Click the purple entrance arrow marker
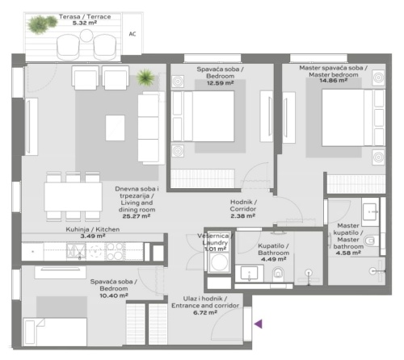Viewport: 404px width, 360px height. tap(259, 324)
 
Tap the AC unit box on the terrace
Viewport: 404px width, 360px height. tap(133, 34)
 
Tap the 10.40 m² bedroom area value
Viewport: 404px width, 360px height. tap(112, 296)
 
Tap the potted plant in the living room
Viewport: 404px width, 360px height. tap(145, 78)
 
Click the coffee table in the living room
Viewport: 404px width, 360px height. tap(116, 127)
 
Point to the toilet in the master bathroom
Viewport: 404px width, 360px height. tap(370, 241)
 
